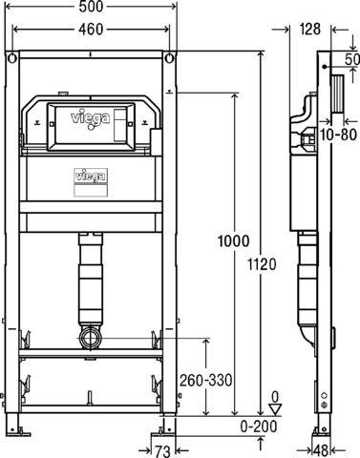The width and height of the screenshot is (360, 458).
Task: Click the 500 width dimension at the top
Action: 91,7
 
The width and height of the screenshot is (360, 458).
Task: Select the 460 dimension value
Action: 91,30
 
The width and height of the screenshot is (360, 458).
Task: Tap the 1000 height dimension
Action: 234,241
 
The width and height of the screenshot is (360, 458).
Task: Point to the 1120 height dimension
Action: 262,264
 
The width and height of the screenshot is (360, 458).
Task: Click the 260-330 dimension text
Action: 206,380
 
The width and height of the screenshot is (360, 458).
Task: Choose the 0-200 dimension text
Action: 259,427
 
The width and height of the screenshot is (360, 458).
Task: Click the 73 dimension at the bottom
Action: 162,451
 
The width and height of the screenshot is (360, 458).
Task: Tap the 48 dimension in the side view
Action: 321,451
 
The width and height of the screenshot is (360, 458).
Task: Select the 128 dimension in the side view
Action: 309,30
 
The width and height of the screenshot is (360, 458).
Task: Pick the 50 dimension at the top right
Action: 352,59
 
